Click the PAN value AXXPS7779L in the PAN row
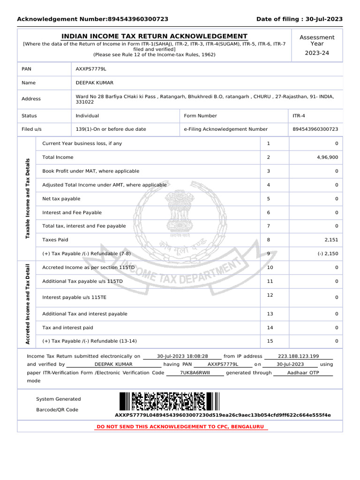click(x=91, y=69)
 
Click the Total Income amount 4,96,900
click(x=327, y=157)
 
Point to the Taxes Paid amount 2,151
click(x=330, y=240)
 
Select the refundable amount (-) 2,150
click(x=327, y=254)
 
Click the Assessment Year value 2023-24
click(x=317, y=53)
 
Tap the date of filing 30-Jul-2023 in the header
click(x=324, y=19)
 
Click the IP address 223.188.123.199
click(x=298, y=356)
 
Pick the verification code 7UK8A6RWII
click(x=195, y=373)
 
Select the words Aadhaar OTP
click(x=302, y=373)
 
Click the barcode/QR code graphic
click(x=169, y=402)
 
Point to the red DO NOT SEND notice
click(x=180, y=427)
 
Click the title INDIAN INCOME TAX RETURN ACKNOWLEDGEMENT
click(x=155, y=37)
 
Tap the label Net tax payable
click(x=61, y=199)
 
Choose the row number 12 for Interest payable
click(x=270, y=295)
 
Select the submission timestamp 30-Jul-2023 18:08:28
click(x=182, y=356)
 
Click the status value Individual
click(x=87, y=116)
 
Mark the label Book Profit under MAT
click(x=90, y=171)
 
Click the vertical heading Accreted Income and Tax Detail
click(x=28, y=305)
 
